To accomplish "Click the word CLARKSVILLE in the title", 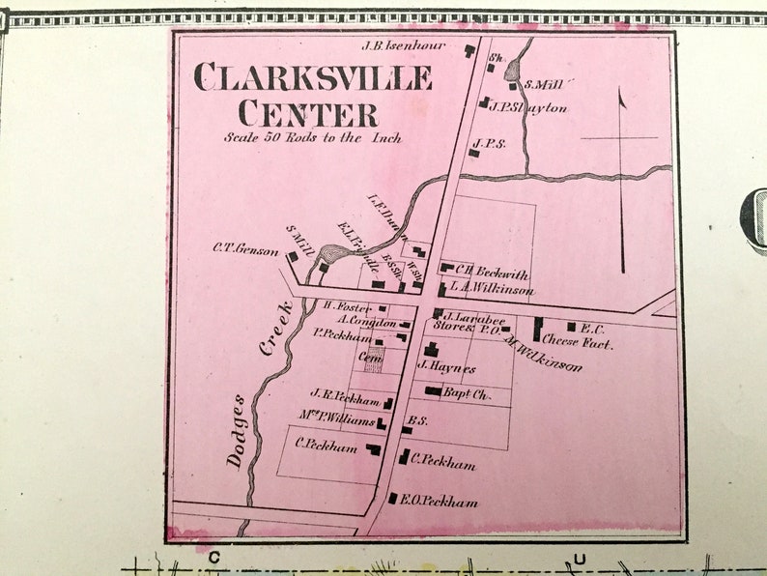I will (x=313, y=77).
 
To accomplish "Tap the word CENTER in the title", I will (x=308, y=114).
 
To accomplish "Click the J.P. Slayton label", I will (x=527, y=107).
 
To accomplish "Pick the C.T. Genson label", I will (x=245, y=247).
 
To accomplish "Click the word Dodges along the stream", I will (x=238, y=431).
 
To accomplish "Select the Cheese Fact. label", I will (x=577, y=342).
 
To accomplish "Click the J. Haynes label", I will (x=446, y=368).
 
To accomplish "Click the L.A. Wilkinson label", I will (x=491, y=289).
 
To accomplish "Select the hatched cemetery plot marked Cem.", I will (x=371, y=360).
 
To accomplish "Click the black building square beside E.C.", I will (x=571, y=327).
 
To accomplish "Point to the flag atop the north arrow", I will (x=621, y=98).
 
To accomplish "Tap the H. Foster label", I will (x=354, y=307).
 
